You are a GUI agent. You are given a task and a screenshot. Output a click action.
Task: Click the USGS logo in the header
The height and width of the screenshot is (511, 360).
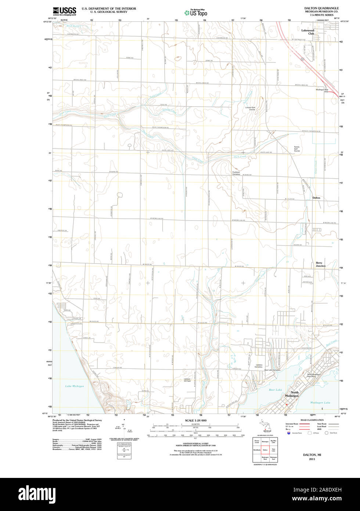64,11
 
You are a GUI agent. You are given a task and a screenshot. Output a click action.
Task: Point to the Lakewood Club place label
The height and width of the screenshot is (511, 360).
308,32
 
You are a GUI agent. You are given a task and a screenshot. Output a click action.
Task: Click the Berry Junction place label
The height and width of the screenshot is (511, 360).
320,264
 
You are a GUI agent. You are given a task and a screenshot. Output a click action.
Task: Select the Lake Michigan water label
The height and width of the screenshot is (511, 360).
75,386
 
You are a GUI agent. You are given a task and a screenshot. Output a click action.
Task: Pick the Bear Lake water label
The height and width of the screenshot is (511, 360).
275,390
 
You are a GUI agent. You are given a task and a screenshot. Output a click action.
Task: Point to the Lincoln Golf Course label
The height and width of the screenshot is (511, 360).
250,108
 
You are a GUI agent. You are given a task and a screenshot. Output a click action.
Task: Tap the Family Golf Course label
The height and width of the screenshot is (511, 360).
297,149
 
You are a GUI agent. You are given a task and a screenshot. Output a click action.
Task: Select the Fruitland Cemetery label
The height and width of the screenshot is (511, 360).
236,173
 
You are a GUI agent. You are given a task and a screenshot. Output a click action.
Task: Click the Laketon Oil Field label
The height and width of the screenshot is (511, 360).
187,380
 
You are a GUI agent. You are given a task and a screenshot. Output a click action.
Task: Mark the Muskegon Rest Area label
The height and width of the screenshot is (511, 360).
322,90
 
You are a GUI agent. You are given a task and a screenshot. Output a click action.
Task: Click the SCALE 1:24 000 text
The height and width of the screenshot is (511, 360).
195,421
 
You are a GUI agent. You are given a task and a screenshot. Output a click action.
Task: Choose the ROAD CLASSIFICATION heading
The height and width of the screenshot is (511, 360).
312,420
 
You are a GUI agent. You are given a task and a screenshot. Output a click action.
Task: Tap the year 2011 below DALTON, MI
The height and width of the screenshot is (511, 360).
312,459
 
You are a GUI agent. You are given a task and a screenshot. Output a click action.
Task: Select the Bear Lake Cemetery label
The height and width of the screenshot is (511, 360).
272,370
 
